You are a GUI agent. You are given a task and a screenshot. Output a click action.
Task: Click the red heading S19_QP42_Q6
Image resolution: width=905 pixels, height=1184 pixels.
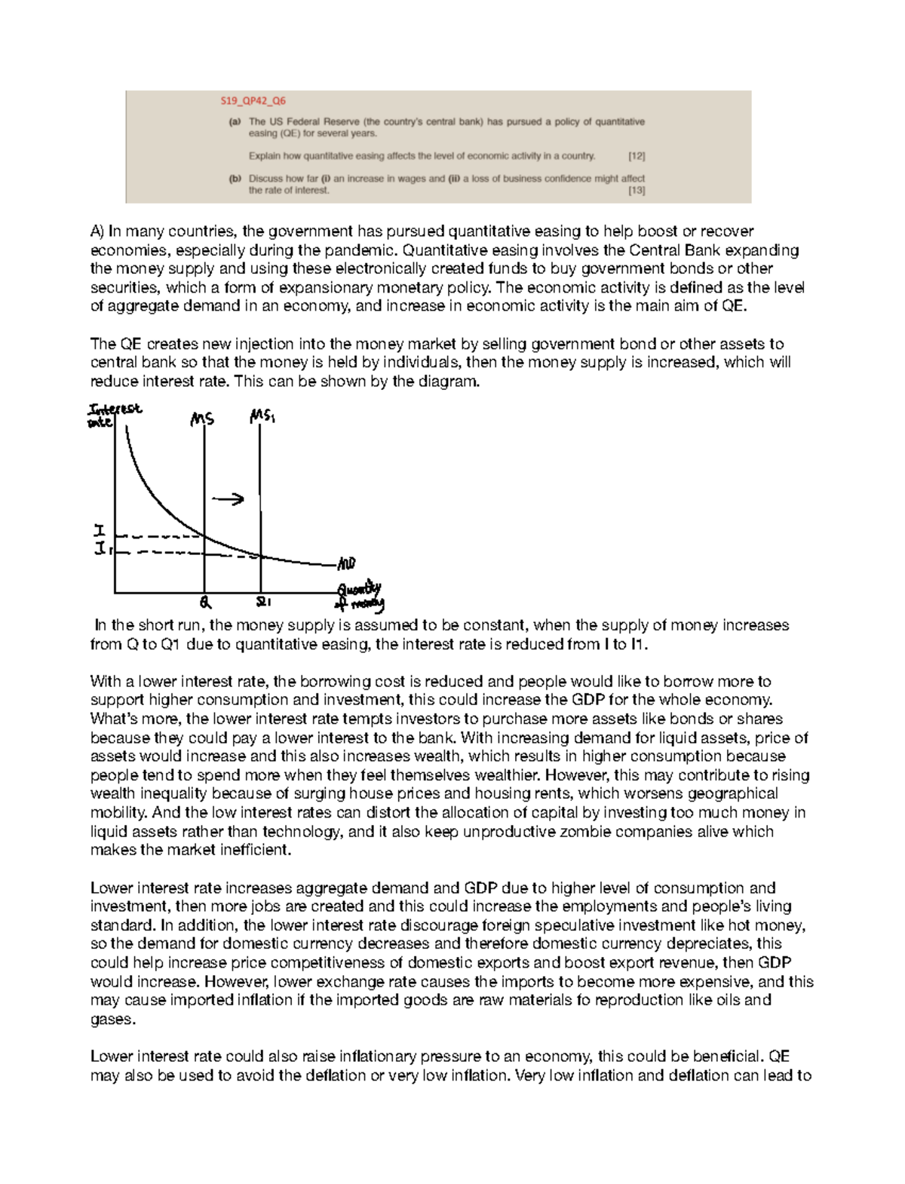tap(253, 101)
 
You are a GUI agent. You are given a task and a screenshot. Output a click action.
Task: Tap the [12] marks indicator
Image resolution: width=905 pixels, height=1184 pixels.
tap(637, 156)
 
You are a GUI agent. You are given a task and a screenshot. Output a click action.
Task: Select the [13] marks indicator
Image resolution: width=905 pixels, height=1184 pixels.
tap(637, 191)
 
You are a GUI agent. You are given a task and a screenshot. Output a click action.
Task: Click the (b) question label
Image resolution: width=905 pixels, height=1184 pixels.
tap(235, 179)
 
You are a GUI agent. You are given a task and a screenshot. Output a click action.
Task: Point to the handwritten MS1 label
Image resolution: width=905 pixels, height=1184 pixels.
tap(262, 416)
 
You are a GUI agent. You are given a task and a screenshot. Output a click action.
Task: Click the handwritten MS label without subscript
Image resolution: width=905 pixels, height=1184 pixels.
tap(202, 419)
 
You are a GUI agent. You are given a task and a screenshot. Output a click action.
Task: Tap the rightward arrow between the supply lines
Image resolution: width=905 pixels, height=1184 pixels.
tap(228, 499)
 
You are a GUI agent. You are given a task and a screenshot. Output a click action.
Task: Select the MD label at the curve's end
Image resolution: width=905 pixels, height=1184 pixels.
tap(346, 564)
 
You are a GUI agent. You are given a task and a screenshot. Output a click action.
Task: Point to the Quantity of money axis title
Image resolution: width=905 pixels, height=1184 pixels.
tap(360, 597)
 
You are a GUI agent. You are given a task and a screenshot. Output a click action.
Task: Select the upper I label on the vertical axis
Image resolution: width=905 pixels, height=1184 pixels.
tap(99, 532)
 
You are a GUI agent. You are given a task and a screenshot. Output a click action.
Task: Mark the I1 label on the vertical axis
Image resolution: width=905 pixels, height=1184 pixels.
tap(102, 550)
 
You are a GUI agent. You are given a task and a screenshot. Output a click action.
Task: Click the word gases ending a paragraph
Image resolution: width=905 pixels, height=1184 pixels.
tap(112, 1020)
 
